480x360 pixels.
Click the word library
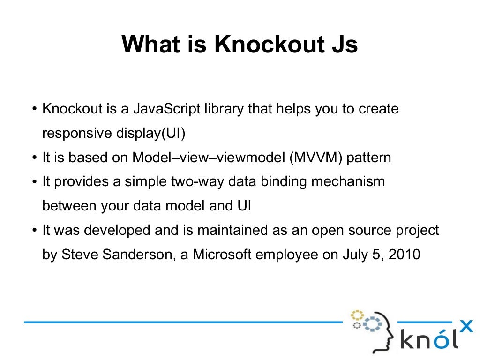point(224,109)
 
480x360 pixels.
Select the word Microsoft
point(222,255)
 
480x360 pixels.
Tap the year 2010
point(405,255)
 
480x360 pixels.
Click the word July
point(355,255)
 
